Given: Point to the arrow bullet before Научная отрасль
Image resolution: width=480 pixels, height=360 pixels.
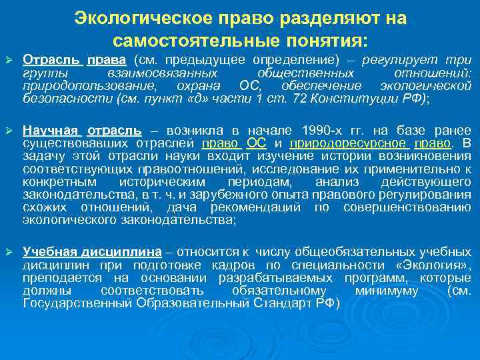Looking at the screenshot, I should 9,131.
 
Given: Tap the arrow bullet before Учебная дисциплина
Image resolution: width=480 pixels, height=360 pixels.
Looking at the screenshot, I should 9,253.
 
